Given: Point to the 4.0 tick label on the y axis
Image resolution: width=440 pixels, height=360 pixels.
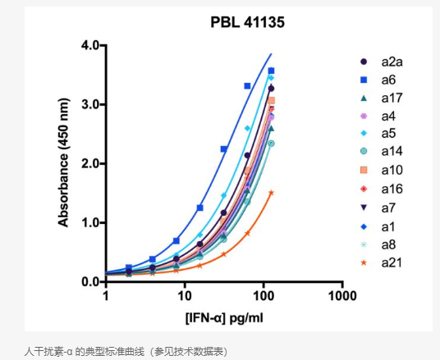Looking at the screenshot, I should click(89, 45).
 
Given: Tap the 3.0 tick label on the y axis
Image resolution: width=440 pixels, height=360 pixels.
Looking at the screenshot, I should click(89, 104).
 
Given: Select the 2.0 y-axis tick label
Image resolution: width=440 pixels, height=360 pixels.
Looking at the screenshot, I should click(89, 163).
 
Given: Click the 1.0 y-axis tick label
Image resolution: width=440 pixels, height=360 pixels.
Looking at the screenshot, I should click(89, 222).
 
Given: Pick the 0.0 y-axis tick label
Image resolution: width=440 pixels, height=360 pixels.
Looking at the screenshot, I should click(89, 281).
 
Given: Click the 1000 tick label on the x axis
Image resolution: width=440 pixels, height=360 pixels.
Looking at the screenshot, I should click(342, 295).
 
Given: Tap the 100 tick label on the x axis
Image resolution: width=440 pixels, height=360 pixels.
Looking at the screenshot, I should click(264, 295).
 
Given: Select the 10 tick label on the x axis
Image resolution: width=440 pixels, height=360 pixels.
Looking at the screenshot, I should click(186, 295).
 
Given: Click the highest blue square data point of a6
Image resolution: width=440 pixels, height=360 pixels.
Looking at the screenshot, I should click(271, 71).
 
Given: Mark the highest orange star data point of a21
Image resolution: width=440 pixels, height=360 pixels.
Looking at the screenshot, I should click(271, 193).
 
